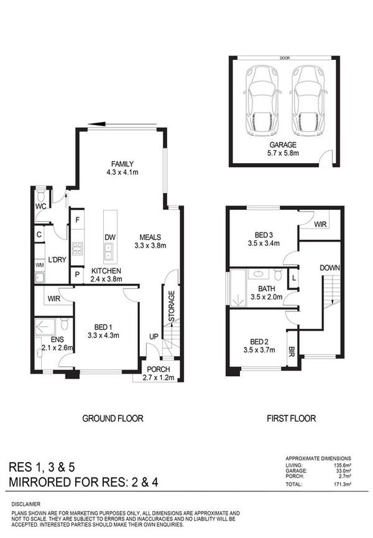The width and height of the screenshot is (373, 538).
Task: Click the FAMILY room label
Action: (x=122, y=164)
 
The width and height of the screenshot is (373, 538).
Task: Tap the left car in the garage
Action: (x=262, y=101)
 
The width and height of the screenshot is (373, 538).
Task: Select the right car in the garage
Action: (x=308, y=101)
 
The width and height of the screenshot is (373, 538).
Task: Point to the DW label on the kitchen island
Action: (x=110, y=237)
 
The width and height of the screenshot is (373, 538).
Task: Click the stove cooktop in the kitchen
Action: (x=78, y=248)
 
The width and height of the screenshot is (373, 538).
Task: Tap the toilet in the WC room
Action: (x=41, y=196)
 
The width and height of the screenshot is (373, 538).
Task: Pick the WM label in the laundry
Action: (x=39, y=265)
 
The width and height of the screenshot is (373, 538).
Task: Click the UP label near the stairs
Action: (x=154, y=337)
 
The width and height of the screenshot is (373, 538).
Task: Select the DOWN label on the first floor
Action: (x=330, y=268)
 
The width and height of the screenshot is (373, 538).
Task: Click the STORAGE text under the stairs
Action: (x=172, y=306)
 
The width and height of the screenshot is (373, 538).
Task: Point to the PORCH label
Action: (x=159, y=369)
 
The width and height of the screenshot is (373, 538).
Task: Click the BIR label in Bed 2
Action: (x=292, y=351)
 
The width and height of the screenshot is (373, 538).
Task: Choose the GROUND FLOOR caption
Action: (x=113, y=418)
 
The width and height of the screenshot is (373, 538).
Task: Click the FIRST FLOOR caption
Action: (x=291, y=418)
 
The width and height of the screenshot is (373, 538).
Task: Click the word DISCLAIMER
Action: (x=26, y=504)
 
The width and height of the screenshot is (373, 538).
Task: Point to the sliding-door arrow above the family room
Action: (x=122, y=124)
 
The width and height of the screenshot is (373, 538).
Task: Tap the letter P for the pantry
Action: (x=77, y=275)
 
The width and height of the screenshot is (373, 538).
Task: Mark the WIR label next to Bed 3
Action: (x=320, y=224)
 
